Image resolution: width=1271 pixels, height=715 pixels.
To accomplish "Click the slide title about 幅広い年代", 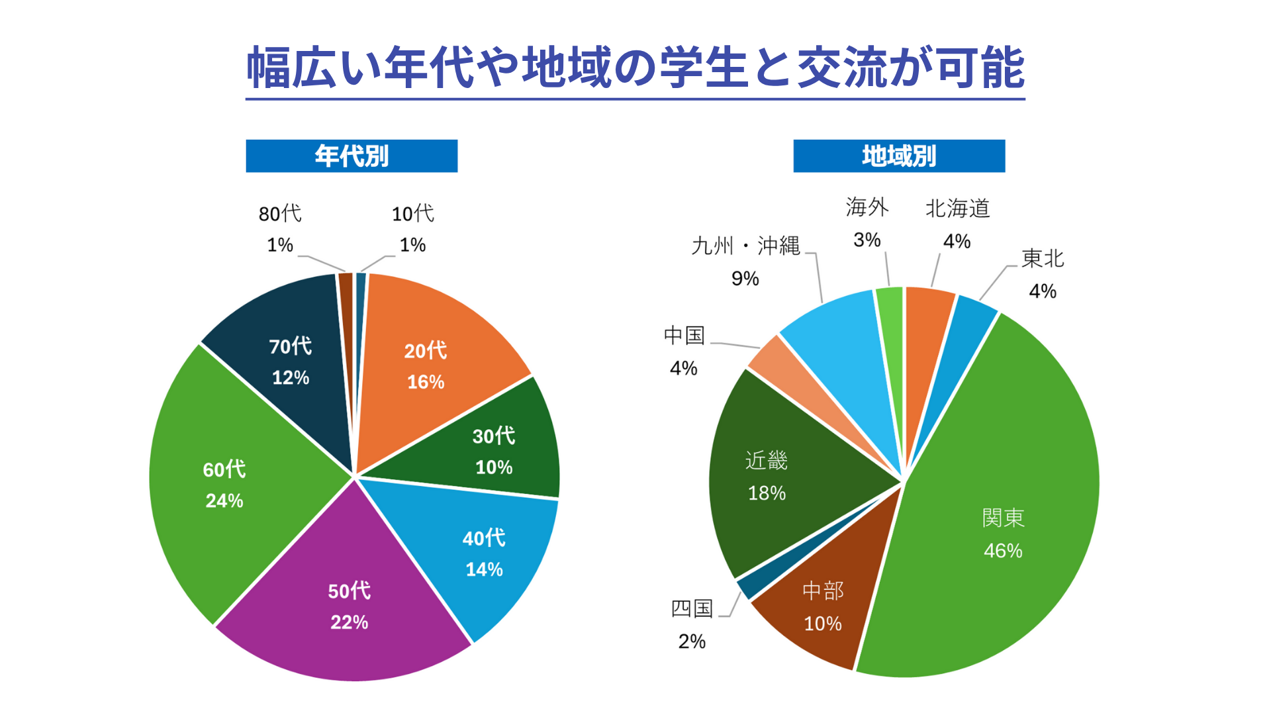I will click(635, 68).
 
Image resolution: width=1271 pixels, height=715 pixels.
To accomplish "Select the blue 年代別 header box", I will click(352, 156).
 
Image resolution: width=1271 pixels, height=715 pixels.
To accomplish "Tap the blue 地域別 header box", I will click(899, 156).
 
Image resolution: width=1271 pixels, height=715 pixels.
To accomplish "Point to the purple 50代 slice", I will click(350, 602).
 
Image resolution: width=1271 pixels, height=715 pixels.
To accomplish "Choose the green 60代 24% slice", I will click(225, 483).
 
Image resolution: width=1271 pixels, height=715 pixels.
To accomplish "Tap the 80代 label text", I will click(280, 214).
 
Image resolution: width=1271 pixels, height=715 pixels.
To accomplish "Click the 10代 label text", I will click(412, 214).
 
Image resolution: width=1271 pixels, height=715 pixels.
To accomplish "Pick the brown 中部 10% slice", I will click(823, 606).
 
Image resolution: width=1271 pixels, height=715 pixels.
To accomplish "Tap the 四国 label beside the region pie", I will click(692, 608).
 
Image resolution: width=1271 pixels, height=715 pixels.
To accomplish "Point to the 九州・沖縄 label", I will click(745, 246).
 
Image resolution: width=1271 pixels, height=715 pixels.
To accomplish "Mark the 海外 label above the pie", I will click(867, 208).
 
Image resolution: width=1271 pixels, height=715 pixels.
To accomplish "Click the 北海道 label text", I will click(957, 209).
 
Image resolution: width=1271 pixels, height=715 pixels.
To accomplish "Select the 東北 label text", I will click(1043, 259).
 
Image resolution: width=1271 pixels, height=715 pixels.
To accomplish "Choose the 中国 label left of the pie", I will click(684, 336).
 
